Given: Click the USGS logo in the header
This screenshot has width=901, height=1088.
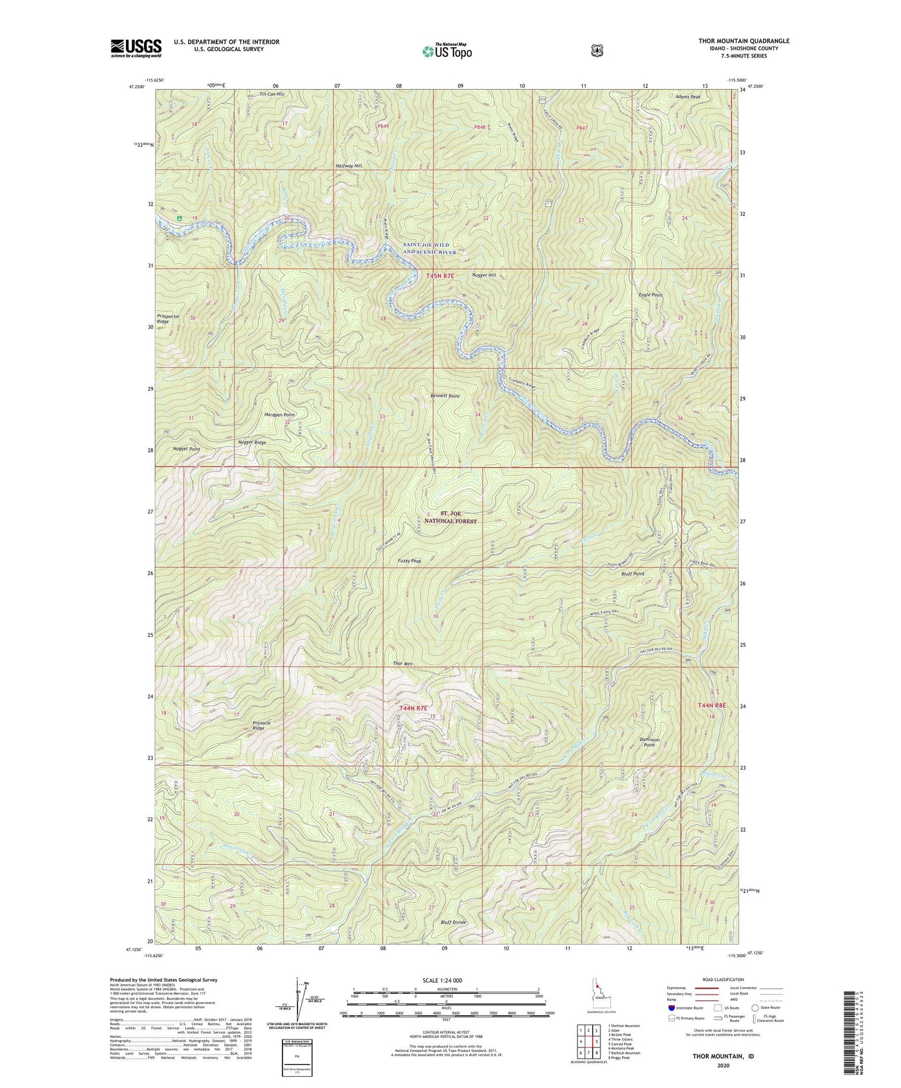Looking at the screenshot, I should [x=136, y=48].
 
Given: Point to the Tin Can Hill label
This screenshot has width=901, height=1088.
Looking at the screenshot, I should [x=271, y=94].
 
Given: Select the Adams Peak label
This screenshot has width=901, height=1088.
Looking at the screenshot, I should [x=688, y=97].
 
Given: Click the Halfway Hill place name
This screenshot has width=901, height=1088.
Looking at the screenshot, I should [x=349, y=166].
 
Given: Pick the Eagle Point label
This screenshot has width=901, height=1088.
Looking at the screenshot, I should [x=650, y=295].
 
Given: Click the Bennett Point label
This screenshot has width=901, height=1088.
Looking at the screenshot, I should [x=445, y=396].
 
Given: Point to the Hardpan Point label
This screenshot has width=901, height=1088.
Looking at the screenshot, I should [x=280, y=414].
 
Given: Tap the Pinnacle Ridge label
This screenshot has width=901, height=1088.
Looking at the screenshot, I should [x=259, y=725].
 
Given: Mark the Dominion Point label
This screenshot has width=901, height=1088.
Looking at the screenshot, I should [x=650, y=742].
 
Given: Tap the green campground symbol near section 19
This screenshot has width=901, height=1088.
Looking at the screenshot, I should [x=179, y=219].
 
